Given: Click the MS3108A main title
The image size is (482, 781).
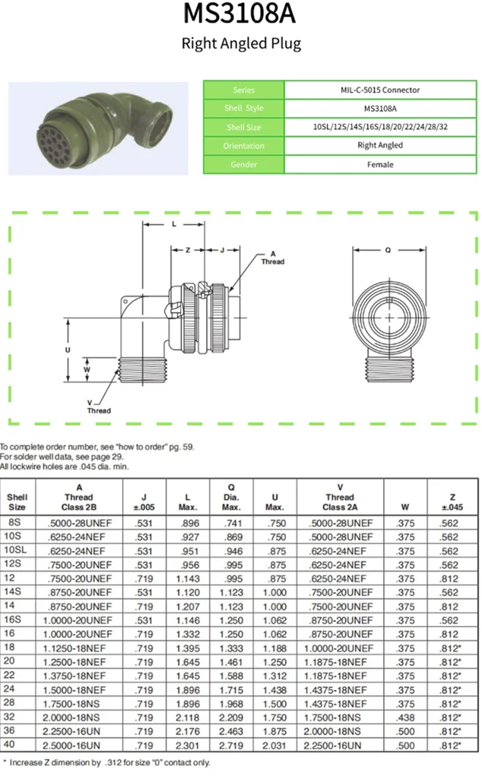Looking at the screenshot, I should pos(240,14).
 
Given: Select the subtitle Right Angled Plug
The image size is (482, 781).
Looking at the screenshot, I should pos(240,43).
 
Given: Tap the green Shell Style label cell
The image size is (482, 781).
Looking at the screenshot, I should pos(245,109).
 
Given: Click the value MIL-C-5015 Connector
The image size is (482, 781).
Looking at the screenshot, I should pos(379,90).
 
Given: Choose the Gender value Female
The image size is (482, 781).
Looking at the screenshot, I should pos(379,164).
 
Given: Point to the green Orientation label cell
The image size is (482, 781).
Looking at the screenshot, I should pos(245,145).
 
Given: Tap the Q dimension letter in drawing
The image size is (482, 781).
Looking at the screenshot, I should pos(388,248).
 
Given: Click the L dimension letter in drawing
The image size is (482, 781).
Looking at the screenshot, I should pos(174,224).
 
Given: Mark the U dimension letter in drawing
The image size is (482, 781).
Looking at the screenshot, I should pos(68,349).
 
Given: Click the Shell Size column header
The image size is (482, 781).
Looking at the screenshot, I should pos(17,502).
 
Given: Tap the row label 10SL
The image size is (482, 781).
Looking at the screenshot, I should pos(17,550).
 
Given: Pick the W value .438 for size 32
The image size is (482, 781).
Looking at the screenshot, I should pos(406,716).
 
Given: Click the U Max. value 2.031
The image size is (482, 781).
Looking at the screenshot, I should pos(274,744).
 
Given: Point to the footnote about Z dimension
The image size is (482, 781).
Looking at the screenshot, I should pos(107,762).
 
